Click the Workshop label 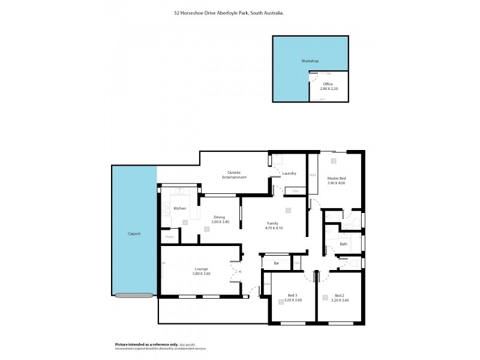[310, 62]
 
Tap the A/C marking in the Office [322, 100]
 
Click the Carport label [134, 233]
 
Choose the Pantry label [169, 237]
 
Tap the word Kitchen [179, 208]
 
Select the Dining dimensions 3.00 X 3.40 [220, 222]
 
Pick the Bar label [277, 263]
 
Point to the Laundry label [289, 173]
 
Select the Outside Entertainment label [235, 175]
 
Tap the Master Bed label [336, 178]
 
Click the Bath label [343, 244]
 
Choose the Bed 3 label [291, 295]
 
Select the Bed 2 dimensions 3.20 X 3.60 [339, 300]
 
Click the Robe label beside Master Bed [313, 175]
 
